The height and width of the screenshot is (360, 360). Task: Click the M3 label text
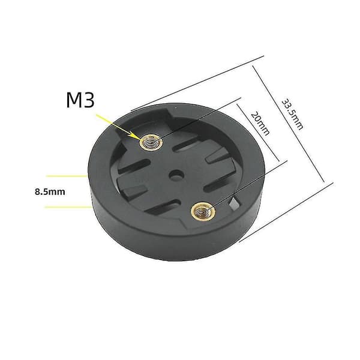80,100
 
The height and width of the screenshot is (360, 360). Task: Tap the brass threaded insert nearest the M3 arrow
151,143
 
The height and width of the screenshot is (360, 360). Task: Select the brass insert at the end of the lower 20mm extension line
203,211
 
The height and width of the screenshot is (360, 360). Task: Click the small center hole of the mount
176,175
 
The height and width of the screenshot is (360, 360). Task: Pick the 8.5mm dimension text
50,192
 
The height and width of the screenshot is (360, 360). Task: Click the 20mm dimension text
260,124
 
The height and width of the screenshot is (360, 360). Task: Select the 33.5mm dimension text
292,115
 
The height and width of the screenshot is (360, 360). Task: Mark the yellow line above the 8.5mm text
67,176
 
